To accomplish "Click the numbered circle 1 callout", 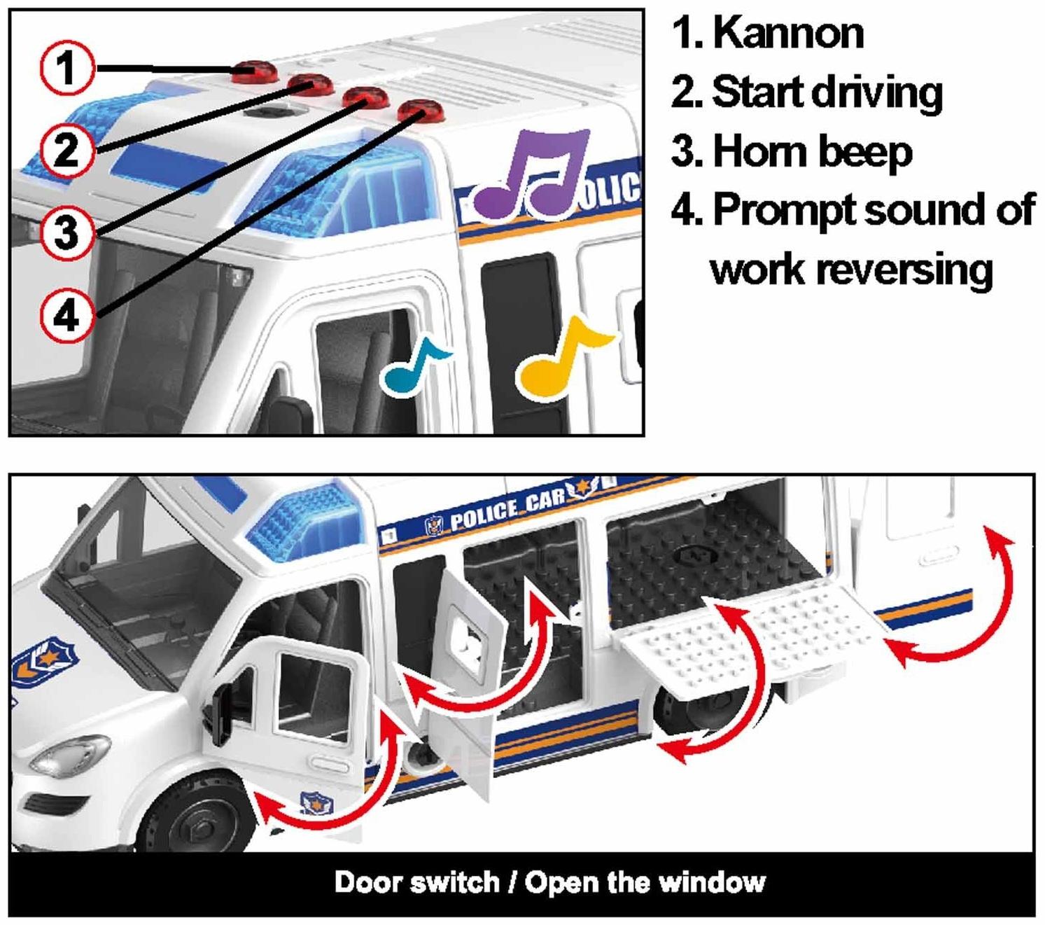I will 66,68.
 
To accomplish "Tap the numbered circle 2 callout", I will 66,149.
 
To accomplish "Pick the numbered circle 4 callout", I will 66,316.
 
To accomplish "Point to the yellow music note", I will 560,357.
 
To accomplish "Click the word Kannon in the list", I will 788,33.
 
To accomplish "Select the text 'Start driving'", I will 827,92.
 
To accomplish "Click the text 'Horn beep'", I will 812,151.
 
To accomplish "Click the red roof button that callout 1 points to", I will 253,69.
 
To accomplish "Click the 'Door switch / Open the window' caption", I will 549,882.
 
